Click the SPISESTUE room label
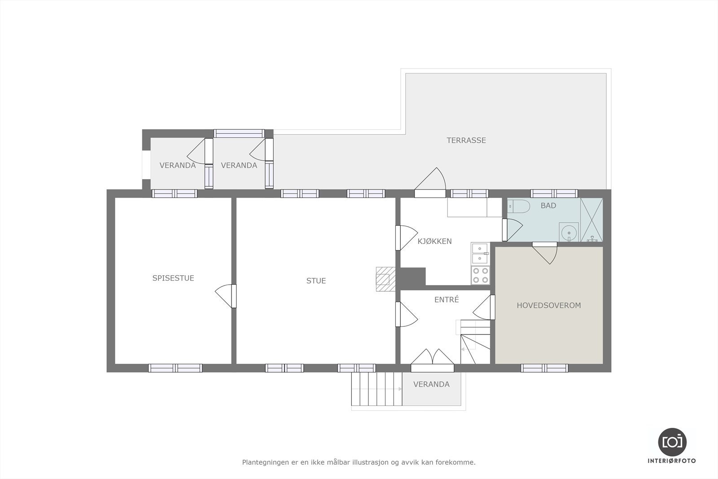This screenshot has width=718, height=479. (173, 278)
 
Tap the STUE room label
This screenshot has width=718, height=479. (316, 281)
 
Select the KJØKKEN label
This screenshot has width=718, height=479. (434, 242)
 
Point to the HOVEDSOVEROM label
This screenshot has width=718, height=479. (548, 305)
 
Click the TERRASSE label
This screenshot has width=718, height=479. (466, 141)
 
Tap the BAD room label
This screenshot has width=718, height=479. (548, 206)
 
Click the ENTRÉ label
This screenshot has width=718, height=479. (447, 299)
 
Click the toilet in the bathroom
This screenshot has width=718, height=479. (519, 207)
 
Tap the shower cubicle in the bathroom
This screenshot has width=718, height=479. (591, 220)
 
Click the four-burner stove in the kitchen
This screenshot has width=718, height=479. (480, 275)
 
